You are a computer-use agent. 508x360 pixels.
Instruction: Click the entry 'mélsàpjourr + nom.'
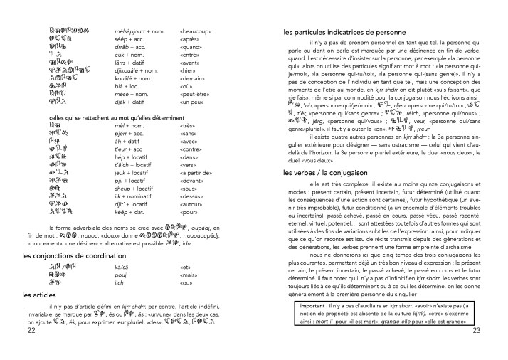(x=142, y=32)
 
